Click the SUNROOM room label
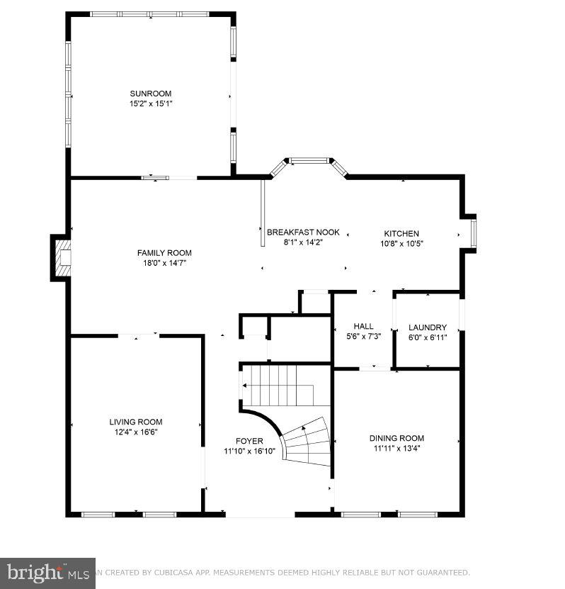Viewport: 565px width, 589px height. [150, 94]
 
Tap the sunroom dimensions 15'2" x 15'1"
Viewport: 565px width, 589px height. [150, 103]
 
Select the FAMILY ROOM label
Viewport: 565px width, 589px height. [164, 253]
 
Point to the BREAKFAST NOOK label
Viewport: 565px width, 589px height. [303, 232]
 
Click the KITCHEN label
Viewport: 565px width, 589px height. [401, 234]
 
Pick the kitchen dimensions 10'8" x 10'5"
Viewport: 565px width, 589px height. [401, 244]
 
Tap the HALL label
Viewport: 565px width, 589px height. [363, 327]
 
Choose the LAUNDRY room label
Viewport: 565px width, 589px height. [428, 327]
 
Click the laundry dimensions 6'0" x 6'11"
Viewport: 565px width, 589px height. [428, 337]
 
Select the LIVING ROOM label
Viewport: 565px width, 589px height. [135, 422]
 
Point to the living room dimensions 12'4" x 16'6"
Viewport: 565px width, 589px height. [135, 432]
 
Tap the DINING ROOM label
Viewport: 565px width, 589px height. [396, 439]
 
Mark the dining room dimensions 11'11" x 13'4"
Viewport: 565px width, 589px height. [396, 449]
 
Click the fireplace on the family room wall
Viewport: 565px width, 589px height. [62, 257]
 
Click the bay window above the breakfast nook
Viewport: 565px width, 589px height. [309, 162]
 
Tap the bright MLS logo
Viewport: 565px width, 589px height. [47, 573]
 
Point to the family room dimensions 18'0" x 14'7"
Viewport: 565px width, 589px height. [164, 263]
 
